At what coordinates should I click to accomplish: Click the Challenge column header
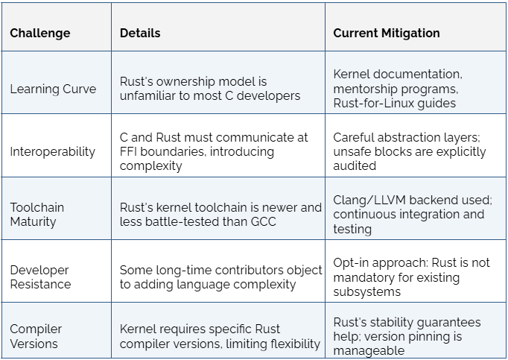pyautogui.click(x=39, y=33)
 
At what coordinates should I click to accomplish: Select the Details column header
pyautogui.click(x=140, y=33)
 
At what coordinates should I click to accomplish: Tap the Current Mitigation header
pyautogui.click(x=387, y=33)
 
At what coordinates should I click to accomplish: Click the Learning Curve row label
pyautogui.click(x=53, y=89)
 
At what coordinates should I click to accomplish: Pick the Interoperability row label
pyautogui.click(x=52, y=151)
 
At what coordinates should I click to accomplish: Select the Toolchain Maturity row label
pyautogui.click(x=37, y=215)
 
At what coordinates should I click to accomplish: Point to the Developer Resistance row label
pyautogui.click(x=40, y=277)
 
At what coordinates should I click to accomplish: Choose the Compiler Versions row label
pyautogui.click(x=36, y=336)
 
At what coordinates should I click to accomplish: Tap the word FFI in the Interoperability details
pyautogui.click(x=128, y=151)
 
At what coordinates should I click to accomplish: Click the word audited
pyautogui.click(x=355, y=165)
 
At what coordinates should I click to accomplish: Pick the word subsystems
pyautogui.click(x=366, y=291)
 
